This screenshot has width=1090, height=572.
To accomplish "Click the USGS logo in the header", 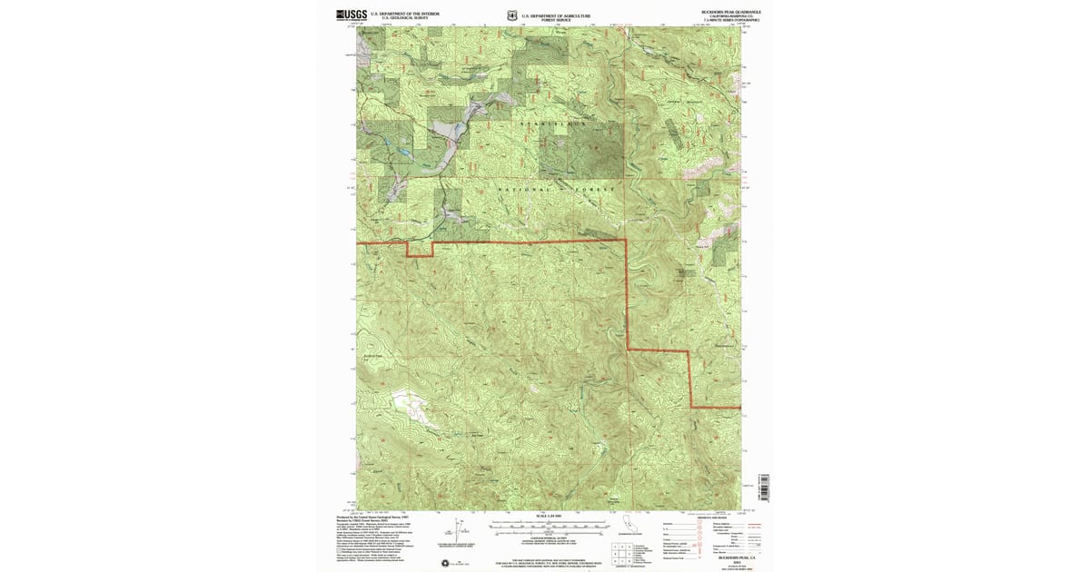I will pyautogui.click(x=352, y=15).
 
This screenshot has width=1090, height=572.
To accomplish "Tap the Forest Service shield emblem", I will pyautogui.click(x=513, y=15).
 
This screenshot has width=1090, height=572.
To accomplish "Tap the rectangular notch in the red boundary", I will pyautogui.click(x=419, y=250).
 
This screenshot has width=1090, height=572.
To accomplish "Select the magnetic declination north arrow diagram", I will pyautogui.click(x=461, y=528).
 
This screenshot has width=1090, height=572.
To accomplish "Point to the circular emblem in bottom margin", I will pyautogui.click(x=446, y=563).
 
